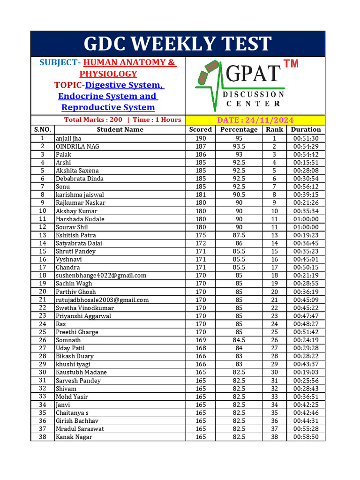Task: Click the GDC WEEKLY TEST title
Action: pos(178,44)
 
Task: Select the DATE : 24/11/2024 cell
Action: pos(255,120)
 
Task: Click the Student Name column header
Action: pos(120,129)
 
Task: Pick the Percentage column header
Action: pos(239,129)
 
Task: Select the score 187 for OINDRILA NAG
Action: pos(201,146)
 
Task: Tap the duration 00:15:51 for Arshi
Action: pos(306,163)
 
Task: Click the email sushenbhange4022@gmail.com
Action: pos(101,276)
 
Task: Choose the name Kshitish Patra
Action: pos(76,235)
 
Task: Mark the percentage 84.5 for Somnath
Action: pos(239,340)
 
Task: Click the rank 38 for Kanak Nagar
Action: pos(275,437)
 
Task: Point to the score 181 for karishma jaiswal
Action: pos(201,195)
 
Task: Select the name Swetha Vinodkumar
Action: pos(85,308)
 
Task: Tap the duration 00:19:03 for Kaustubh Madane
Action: pos(306,372)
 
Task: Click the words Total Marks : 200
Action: pos(93,120)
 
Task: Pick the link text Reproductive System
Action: pos(108,107)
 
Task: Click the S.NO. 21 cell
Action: pos(43,300)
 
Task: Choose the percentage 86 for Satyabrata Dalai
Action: pos(239,243)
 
